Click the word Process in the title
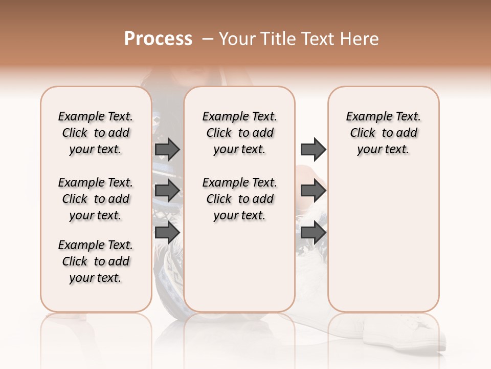click(158, 39)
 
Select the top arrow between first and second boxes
click(167, 149)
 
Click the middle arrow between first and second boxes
click(167, 191)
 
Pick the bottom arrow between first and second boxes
click(167, 233)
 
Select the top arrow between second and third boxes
click(313, 149)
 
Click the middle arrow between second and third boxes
click(313, 191)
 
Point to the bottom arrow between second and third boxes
click(313, 233)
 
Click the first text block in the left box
click(96, 133)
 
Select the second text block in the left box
click(96, 199)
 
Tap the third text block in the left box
click(96, 261)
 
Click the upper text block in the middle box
click(239, 133)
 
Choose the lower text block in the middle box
click(239, 199)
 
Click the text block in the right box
click(384, 133)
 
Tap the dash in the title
click(208, 39)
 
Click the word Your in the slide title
click(235, 39)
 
